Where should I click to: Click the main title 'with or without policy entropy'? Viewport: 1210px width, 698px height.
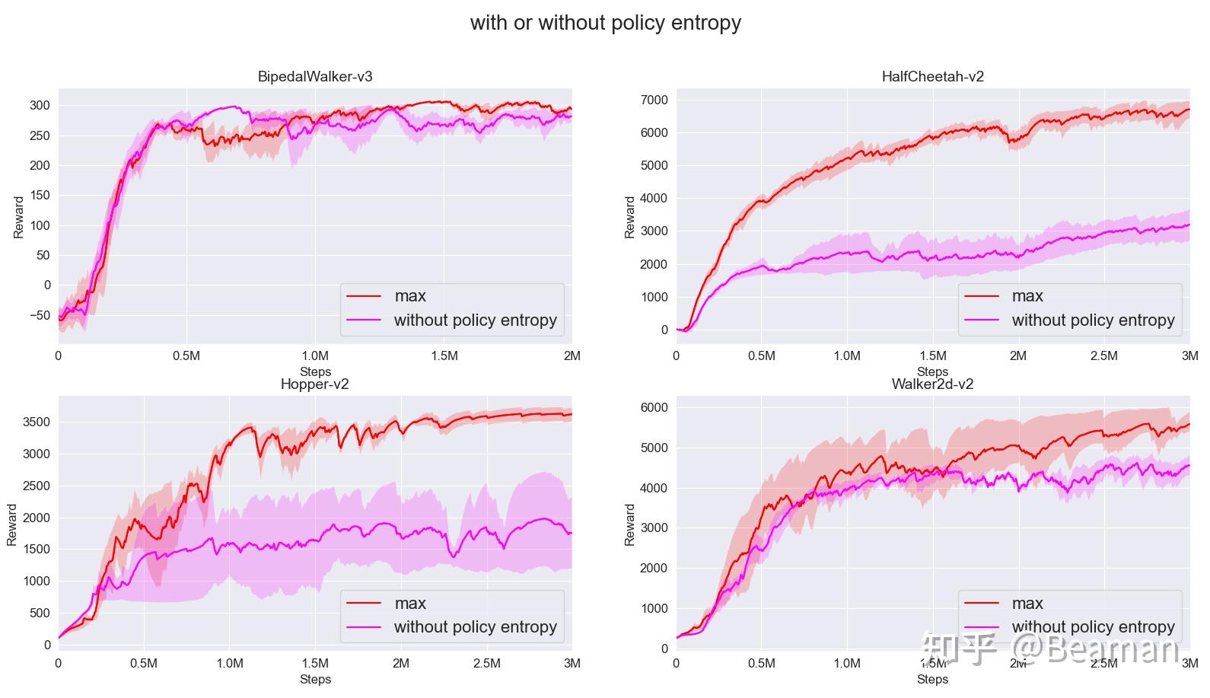605,23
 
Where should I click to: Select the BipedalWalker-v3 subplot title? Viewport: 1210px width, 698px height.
315,77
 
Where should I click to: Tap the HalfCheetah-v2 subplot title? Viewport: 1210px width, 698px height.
932,77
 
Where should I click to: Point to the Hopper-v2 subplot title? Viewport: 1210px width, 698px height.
315,384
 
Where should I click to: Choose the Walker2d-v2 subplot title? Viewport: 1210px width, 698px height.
932,384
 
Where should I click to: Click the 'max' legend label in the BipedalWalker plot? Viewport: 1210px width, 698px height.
410,296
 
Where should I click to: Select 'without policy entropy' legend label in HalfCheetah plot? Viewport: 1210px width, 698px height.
1093,320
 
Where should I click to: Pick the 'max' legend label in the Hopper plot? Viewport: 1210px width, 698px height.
410,604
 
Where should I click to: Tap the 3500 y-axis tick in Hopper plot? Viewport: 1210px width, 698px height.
37,422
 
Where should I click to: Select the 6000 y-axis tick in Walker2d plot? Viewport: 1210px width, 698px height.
654,407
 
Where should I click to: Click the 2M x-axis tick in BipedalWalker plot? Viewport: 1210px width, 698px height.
572,355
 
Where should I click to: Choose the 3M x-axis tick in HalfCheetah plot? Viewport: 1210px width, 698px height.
1189,355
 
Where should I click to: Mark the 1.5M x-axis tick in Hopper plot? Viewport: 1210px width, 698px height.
315,663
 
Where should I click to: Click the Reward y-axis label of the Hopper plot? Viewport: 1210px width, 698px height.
12,524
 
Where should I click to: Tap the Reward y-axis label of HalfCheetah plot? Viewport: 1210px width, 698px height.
629,217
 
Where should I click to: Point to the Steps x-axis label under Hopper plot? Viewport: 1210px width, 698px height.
315,679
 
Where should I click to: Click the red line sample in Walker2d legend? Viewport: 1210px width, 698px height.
982,604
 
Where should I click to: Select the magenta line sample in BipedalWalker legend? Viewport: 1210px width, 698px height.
364,320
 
